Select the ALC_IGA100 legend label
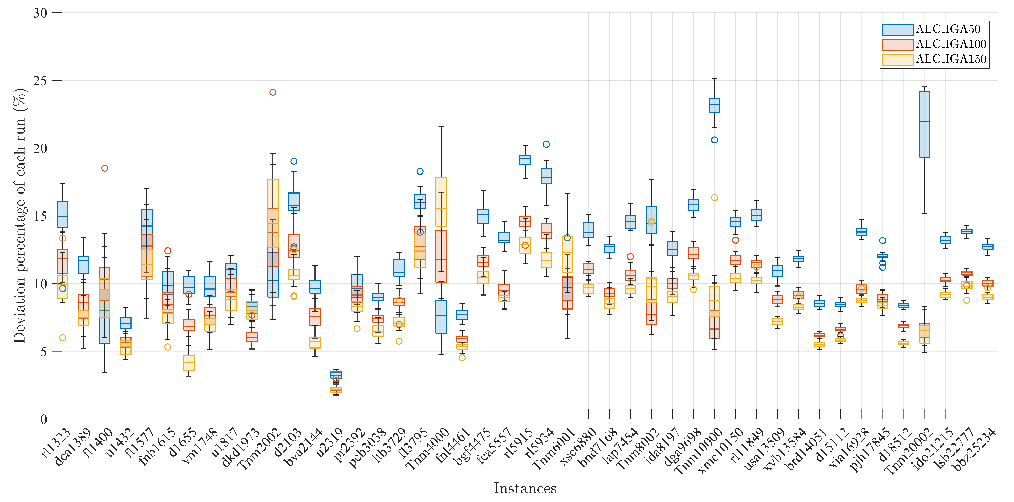pos(951,44)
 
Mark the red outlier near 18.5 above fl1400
pos(105,168)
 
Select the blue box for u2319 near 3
pos(336,375)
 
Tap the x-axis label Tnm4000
pos(427,449)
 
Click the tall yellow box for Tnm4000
pos(441,202)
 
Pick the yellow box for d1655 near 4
pos(189,362)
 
